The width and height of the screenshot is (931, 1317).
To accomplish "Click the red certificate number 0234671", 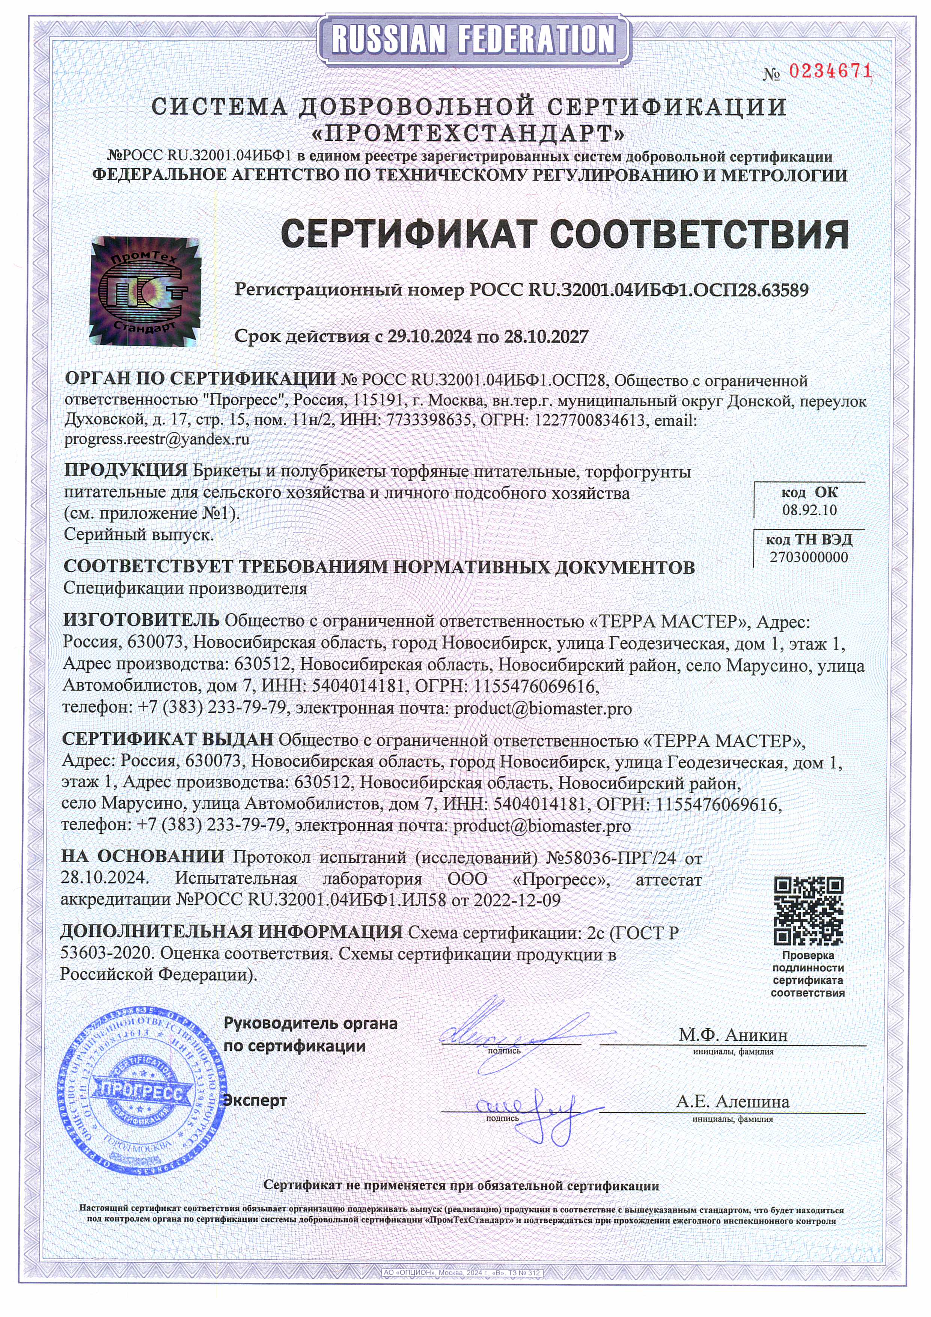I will tap(830, 72).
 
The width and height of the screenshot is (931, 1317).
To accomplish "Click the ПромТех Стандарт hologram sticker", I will tap(145, 290).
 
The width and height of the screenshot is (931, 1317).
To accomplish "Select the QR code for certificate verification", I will tap(808, 911).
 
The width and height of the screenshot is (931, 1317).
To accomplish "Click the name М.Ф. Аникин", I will tap(733, 1035).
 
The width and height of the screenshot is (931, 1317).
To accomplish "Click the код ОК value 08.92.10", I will tap(809, 510).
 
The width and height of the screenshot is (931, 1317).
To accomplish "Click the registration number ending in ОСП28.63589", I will tap(639, 290).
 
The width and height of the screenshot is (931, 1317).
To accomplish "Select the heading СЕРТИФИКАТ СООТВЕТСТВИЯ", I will tap(564, 235).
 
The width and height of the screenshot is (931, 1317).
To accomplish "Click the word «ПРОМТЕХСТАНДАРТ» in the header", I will tap(468, 134).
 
